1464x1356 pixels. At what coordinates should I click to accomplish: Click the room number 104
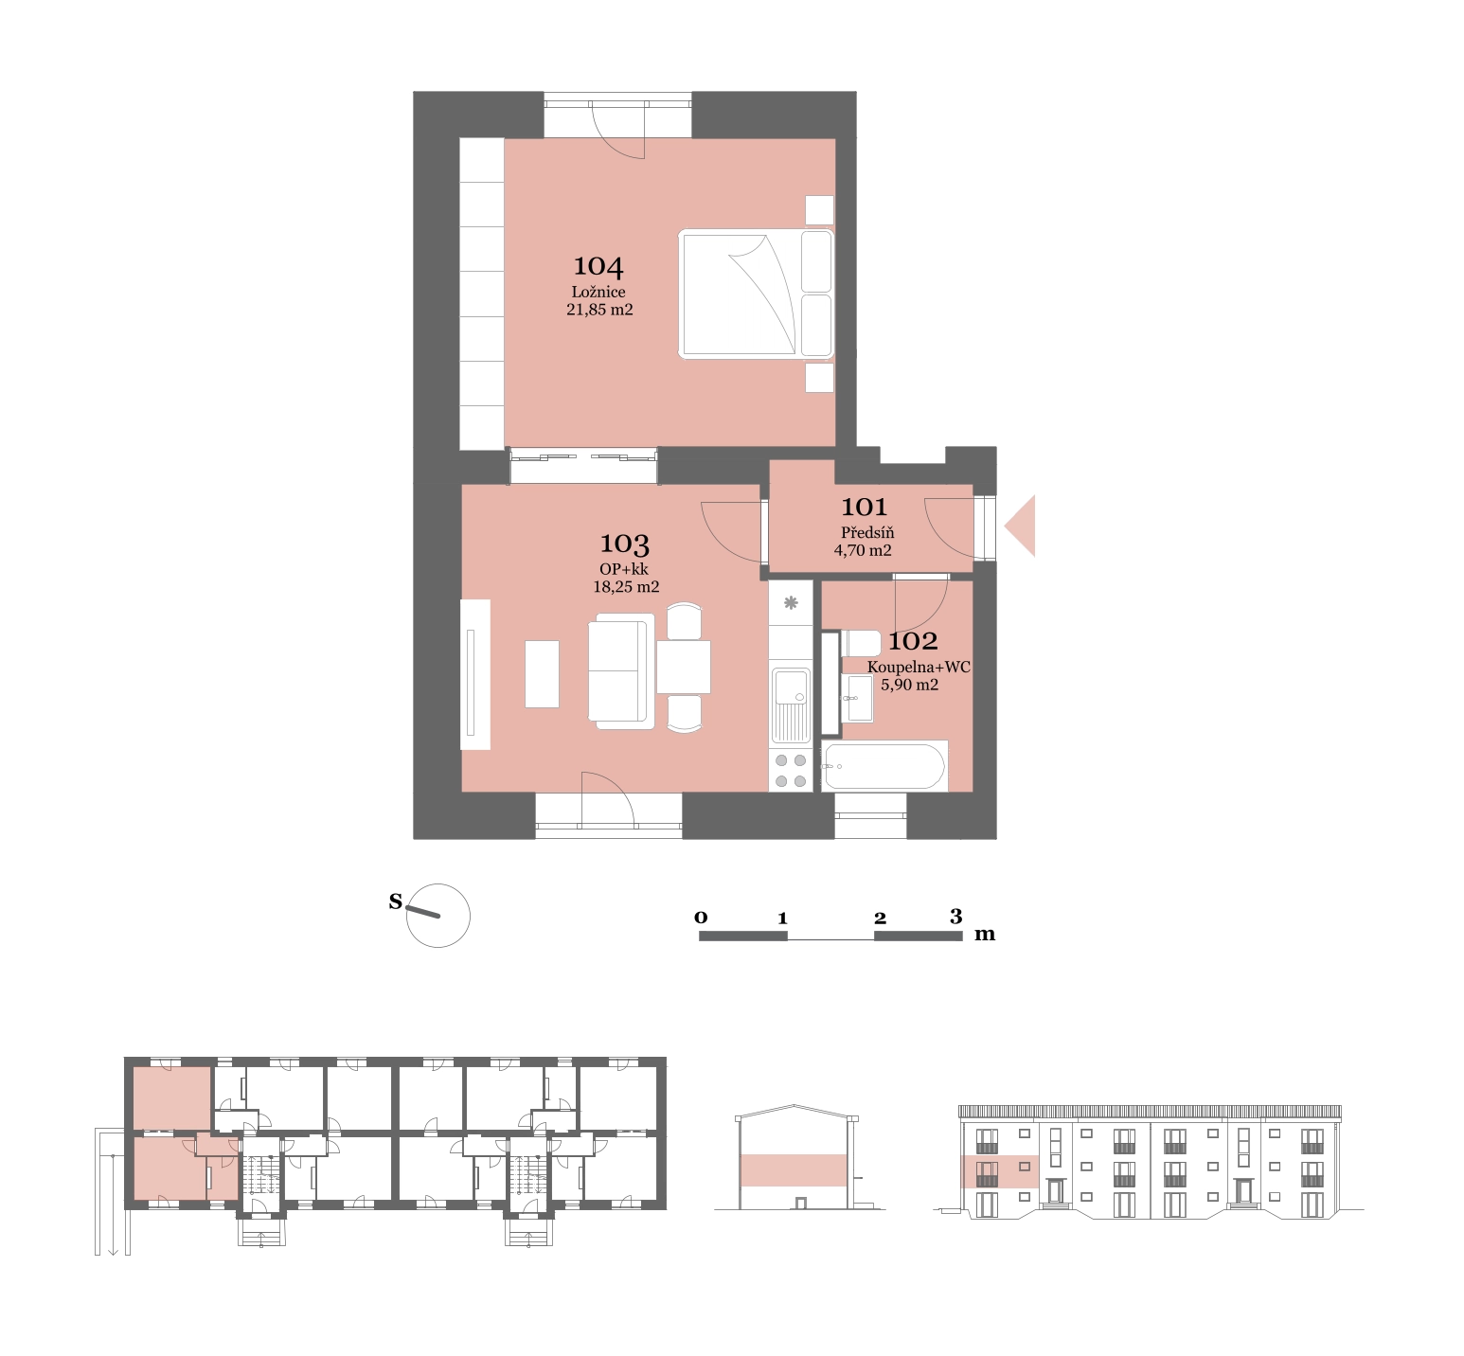598,267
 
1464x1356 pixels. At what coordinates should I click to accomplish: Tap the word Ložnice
598,292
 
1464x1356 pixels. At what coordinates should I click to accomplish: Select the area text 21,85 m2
599,310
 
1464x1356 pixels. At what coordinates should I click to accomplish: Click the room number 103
624,544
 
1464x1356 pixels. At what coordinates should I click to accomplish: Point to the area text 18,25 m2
626,587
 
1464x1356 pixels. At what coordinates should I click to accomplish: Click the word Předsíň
867,533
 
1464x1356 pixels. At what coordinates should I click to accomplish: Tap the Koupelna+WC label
919,667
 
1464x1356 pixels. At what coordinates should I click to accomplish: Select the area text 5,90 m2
910,685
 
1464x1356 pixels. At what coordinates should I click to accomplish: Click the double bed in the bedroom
756,294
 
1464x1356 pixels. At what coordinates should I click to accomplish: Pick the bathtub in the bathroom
884,766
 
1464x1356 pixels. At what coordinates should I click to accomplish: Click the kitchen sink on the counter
791,705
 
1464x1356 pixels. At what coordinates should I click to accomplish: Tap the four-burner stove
791,771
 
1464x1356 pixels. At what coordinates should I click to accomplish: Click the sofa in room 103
621,671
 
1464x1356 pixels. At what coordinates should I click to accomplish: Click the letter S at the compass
396,901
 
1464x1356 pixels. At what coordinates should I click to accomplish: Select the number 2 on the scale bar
880,918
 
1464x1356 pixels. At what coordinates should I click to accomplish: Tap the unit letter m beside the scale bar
985,935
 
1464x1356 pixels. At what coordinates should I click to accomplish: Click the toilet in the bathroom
863,643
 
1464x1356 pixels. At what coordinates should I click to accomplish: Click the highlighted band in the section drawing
794,1170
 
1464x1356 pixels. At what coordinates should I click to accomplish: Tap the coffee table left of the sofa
542,674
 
